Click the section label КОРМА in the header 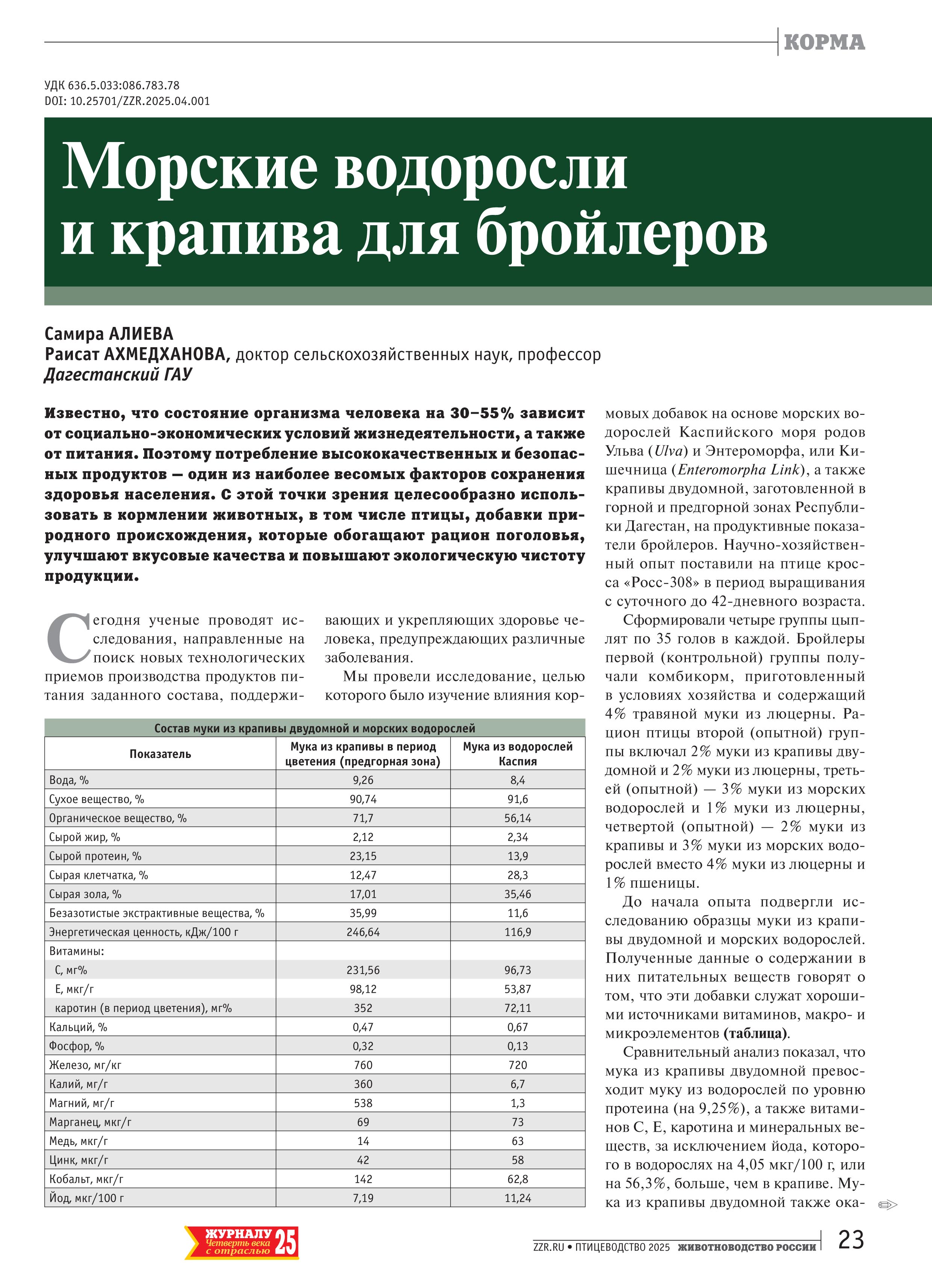click(x=824, y=42)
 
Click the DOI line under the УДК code click(x=127, y=101)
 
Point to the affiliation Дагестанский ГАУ click(x=118, y=375)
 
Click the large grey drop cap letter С click(x=68, y=637)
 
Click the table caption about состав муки click(x=315, y=728)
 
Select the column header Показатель click(x=160, y=753)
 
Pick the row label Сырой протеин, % click(x=95, y=856)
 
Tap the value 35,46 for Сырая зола click(x=517, y=894)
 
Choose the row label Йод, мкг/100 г click(x=86, y=1198)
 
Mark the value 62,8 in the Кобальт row click(x=517, y=1179)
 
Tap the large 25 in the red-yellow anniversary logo click(x=286, y=1243)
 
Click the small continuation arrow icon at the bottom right click(x=887, y=1205)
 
